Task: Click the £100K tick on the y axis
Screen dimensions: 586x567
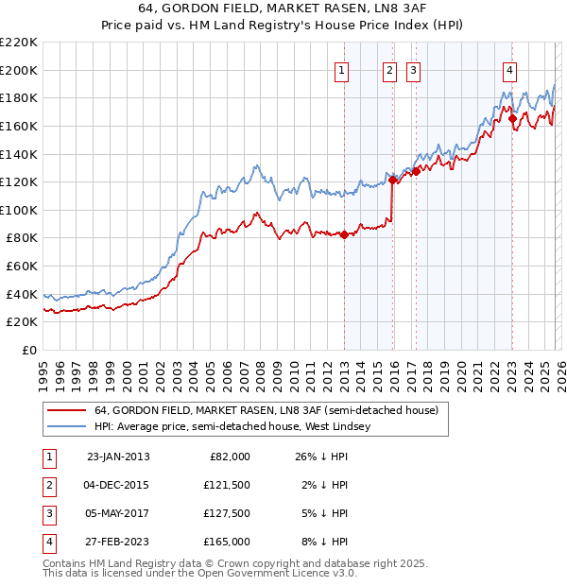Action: (19, 210)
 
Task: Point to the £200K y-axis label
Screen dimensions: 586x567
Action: (19, 70)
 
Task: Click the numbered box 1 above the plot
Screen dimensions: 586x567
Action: (341, 68)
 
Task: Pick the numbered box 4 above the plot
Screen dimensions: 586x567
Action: (509, 68)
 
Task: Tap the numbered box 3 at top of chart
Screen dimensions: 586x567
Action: (414, 68)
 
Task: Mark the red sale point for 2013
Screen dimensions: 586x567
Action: (344, 235)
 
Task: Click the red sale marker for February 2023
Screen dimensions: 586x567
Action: (512, 119)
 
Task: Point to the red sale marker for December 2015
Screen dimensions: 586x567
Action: (392, 180)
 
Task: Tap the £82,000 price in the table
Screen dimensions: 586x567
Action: (229, 456)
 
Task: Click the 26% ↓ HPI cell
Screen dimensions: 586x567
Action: (322, 456)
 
